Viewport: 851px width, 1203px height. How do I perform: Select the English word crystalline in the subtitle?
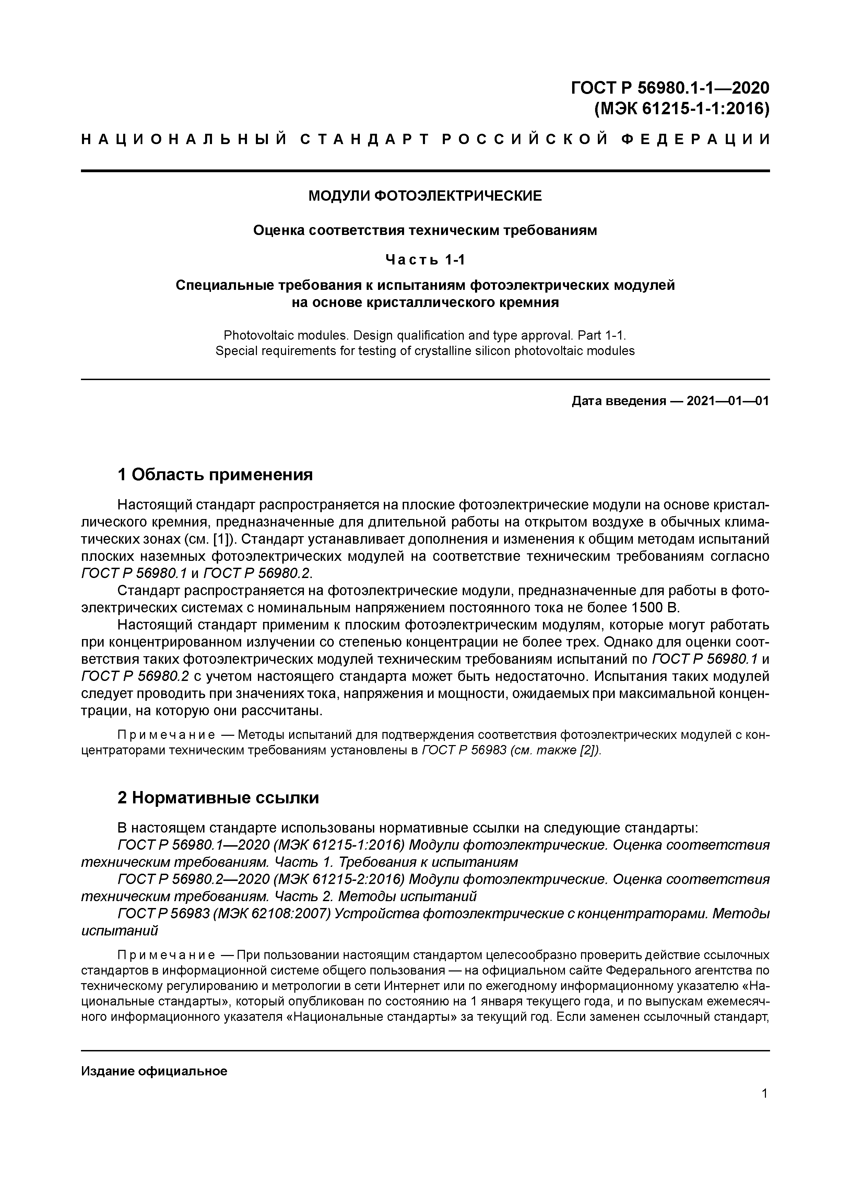coord(443,351)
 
